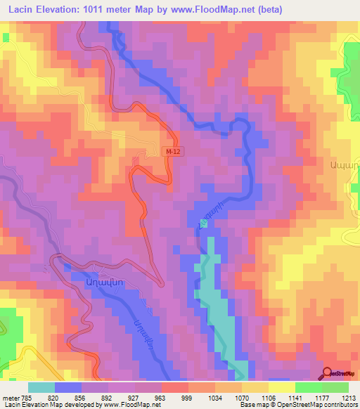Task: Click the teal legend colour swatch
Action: pyautogui.click(x=41, y=387)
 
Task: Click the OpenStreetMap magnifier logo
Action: pyautogui.click(x=328, y=374)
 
